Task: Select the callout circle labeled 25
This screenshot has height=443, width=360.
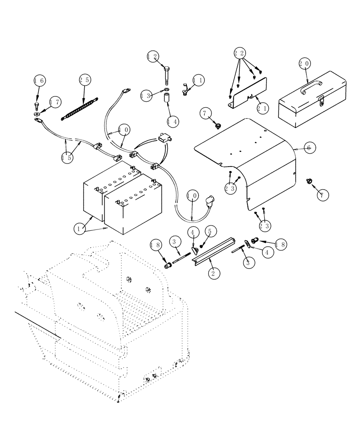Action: pyautogui.click(x=85, y=80)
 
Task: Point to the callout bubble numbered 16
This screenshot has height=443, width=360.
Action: pyautogui.click(x=39, y=81)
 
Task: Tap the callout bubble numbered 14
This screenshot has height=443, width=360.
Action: pyautogui.click(x=173, y=120)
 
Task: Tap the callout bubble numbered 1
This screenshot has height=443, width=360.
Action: pyautogui.click(x=80, y=229)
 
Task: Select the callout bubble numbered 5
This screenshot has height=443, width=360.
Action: pyautogui.click(x=210, y=231)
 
